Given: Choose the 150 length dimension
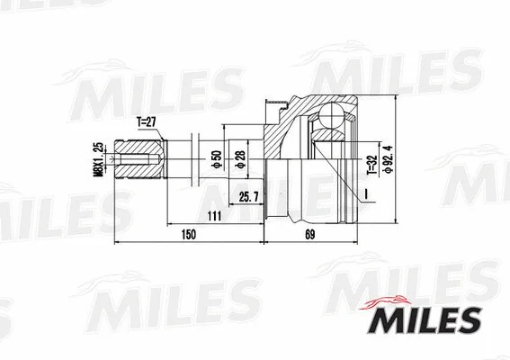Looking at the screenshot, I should click(x=187, y=236).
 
